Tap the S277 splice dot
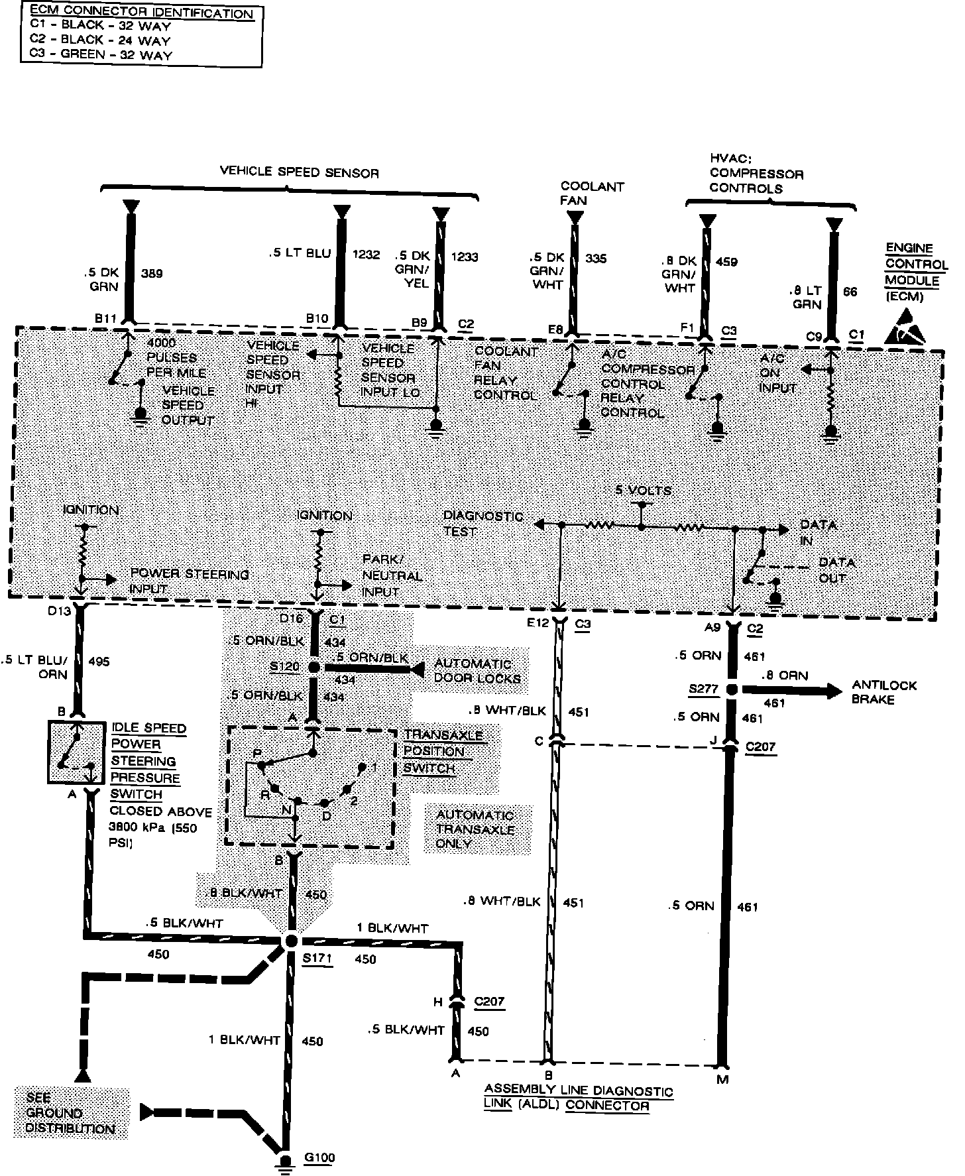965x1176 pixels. [732, 689]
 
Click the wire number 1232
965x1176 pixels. [367, 255]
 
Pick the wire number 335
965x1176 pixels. [596, 259]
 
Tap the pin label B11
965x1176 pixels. [106, 318]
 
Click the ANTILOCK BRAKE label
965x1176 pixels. [884, 692]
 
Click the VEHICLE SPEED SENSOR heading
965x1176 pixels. [300, 173]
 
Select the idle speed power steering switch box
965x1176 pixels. [76, 752]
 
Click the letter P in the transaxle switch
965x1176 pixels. [257, 753]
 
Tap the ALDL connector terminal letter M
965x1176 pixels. [722, 1079]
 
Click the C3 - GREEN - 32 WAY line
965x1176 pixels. [101, 54]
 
